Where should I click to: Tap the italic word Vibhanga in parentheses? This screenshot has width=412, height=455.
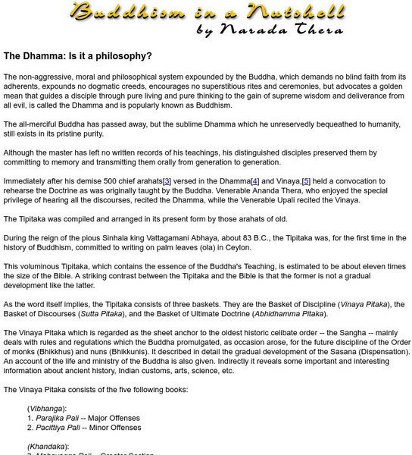[46, 407]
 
